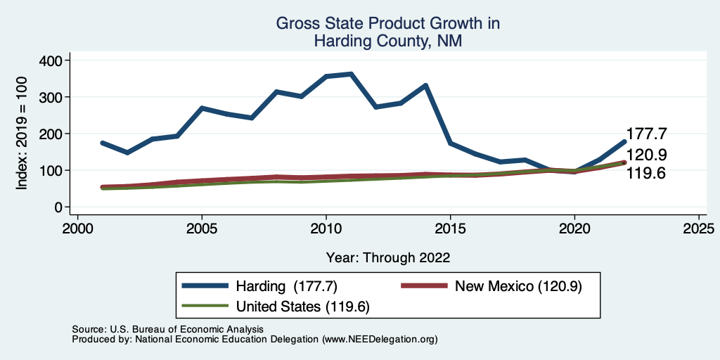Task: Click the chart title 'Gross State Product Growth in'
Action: click(387, 23)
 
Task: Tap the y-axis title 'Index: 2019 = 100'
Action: click(22, 134)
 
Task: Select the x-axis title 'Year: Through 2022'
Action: click(387, 257)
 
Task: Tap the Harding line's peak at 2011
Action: click(351, 74)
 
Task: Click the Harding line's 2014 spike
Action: click(425, 85)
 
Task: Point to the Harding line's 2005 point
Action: click(202, 108)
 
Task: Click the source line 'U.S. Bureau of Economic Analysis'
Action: click(185, 329)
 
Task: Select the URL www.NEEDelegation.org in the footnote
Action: click(379, 339)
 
